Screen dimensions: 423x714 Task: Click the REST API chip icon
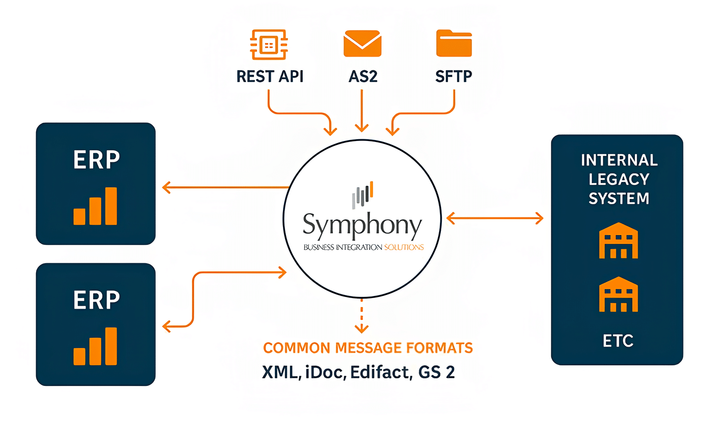pyautogui.click(x=269, y=45)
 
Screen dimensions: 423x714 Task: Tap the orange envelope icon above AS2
pyautogui.click(x=362, y=43)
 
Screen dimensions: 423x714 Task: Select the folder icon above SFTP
pyautogui.click(x=454, y=43)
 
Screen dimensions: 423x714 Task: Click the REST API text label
pyautogui.click(x=270, y=77)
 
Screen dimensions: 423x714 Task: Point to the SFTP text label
pyautogui.click(x=453, y=77)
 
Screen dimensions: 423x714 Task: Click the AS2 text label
pyautogui.click(x=363, y=77)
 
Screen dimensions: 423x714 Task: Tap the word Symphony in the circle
pyautogui.click(x=362, y=225)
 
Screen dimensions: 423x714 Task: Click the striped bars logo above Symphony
pyautogui.click(x=362, y=195)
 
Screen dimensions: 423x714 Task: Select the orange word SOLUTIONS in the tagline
pyautogui.click(x=404, y=247)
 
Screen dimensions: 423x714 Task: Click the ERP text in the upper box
pyautogui.click(x=96, y=160)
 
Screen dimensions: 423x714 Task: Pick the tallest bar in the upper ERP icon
pyautogui.click(x=111, y=206)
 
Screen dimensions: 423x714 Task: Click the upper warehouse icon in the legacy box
pyautogui.click(x=618, y=241)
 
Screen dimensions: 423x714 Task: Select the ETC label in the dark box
pyautogui.click(x=618, y=341)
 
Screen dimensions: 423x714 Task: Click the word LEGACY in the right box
pyautogui.click(x=619, y=179)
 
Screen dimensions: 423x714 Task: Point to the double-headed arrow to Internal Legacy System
pyautogui.click(x=494, y=218)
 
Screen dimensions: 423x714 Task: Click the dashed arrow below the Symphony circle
pyautogui.click(x=361, y=317)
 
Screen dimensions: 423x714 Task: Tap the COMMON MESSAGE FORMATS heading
pyautogui.click(x=368, y=348)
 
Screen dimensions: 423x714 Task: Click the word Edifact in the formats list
pyautogui.click(x=380, y=372)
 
